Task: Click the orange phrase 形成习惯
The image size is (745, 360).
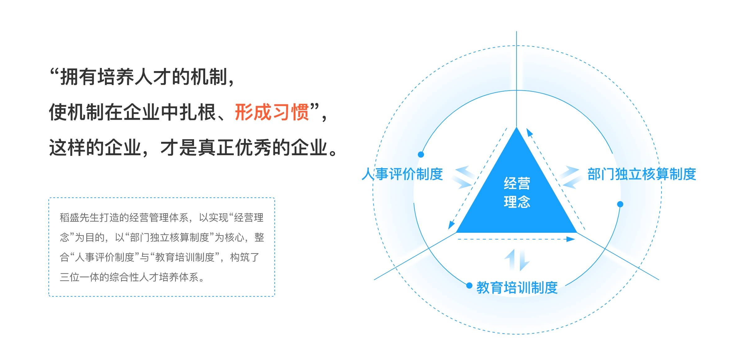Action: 272,112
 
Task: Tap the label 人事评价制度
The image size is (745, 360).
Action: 402,174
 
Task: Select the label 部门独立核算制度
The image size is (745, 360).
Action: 642,174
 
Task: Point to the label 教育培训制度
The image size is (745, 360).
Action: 517,288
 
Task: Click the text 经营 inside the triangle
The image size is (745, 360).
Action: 517,183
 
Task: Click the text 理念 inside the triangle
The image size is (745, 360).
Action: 517,202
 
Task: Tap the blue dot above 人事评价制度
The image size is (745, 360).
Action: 421,155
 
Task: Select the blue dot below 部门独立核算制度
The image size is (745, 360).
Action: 620,204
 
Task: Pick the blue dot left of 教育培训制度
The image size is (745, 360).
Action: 469,286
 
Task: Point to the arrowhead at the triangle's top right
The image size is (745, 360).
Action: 529,133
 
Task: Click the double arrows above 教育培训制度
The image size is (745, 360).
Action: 517,260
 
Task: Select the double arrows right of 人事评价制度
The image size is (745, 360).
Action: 463,177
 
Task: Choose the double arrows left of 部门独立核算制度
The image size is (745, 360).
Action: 570,177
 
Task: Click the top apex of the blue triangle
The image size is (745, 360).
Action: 517,128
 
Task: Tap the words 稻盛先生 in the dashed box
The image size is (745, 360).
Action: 79,218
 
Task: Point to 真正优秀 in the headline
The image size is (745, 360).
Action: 235,147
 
